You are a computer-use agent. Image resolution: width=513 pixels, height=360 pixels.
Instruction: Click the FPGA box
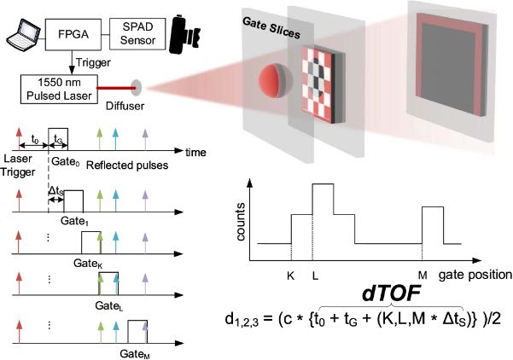73,34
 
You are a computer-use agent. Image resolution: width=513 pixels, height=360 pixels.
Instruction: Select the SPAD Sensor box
137,34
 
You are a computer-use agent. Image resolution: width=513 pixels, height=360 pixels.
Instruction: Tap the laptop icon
24,33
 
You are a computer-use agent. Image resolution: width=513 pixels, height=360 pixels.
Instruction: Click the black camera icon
184,34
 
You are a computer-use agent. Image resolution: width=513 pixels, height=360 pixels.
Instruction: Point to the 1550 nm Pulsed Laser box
59,90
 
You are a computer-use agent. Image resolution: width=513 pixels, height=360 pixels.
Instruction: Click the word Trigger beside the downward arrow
93,62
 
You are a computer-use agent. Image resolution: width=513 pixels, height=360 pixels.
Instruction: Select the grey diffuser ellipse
137,88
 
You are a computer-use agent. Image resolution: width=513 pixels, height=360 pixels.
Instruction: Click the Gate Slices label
271,28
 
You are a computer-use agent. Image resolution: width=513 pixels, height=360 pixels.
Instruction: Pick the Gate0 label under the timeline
66,161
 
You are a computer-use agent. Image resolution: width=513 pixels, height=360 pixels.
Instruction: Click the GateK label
88,264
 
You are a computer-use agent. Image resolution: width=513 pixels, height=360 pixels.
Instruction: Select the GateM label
135,354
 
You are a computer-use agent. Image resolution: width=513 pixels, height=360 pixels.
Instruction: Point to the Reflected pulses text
127,165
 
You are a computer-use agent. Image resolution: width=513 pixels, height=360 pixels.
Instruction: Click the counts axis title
241,222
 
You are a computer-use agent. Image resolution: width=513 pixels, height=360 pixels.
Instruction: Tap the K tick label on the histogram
290,276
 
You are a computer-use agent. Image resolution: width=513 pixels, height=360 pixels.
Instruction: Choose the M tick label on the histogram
423,276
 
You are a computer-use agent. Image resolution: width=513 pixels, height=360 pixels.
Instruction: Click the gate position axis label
475,275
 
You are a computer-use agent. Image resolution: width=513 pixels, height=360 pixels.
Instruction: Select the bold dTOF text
391,293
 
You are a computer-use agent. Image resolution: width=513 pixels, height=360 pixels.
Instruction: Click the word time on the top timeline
195,153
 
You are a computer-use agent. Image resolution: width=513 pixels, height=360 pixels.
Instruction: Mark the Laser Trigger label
18,165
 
